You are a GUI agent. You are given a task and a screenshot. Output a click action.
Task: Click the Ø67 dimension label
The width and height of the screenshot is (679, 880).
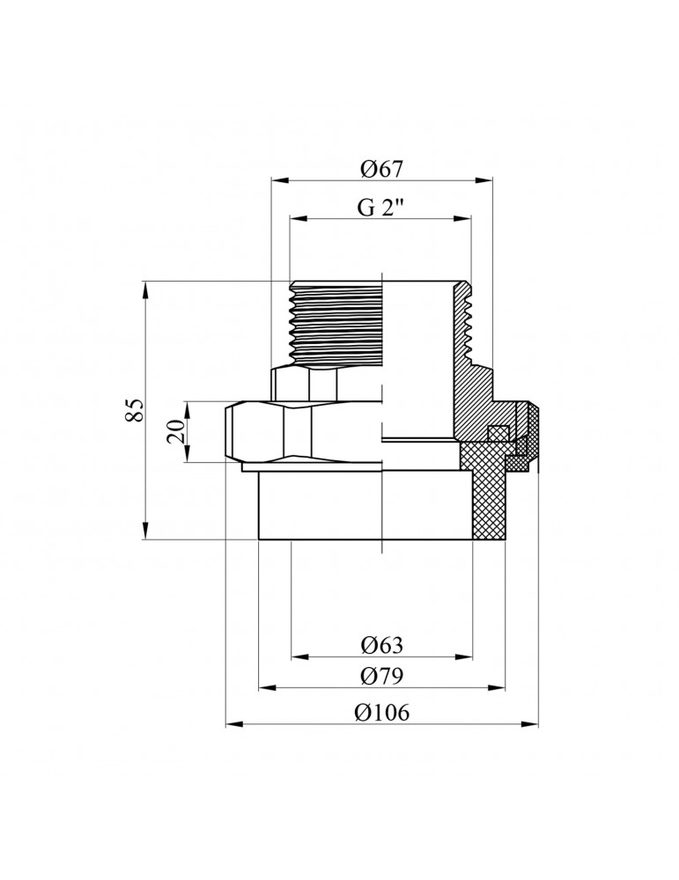point(382,168)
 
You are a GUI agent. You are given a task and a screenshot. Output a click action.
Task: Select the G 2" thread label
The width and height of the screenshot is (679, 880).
point(380,209)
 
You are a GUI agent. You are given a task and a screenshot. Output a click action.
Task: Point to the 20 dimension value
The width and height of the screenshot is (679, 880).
point(176,431)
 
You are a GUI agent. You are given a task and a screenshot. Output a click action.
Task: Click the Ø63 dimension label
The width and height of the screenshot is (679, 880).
point(382,645)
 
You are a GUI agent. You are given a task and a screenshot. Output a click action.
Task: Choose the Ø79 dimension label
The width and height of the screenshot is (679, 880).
point(382,676)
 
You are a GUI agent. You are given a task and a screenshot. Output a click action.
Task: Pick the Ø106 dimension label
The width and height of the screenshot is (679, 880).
point(382,713)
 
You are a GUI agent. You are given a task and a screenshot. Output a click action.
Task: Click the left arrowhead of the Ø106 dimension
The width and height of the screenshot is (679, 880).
point(234,724)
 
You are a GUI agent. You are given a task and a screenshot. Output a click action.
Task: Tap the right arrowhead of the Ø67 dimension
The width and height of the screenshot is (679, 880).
point(483,180)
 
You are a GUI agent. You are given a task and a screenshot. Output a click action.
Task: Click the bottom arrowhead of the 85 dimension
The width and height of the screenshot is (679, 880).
point(145,531)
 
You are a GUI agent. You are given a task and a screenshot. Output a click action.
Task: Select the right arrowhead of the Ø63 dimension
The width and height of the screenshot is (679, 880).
point(463,656)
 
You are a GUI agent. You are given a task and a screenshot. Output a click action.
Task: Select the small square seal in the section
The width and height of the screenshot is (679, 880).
point(498,433)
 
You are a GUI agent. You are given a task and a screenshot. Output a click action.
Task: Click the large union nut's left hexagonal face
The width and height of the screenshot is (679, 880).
point(256,431)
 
